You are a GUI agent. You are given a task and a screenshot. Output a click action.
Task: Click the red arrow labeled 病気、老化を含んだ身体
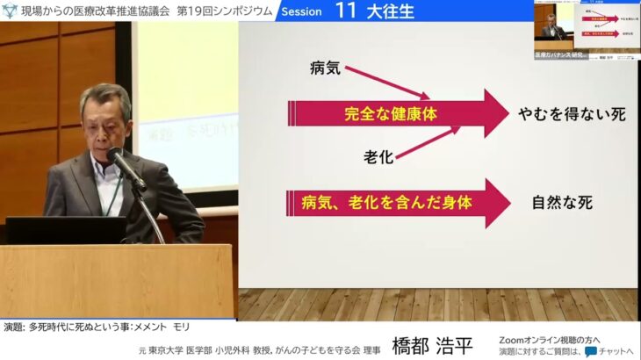395,202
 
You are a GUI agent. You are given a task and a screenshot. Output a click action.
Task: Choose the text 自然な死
562,203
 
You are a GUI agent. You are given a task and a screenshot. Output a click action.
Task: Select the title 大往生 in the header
391,11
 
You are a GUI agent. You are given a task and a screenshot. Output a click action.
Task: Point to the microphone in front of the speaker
126,165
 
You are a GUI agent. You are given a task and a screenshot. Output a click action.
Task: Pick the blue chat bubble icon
591,351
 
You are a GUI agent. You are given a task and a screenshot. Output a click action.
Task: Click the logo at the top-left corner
10,11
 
